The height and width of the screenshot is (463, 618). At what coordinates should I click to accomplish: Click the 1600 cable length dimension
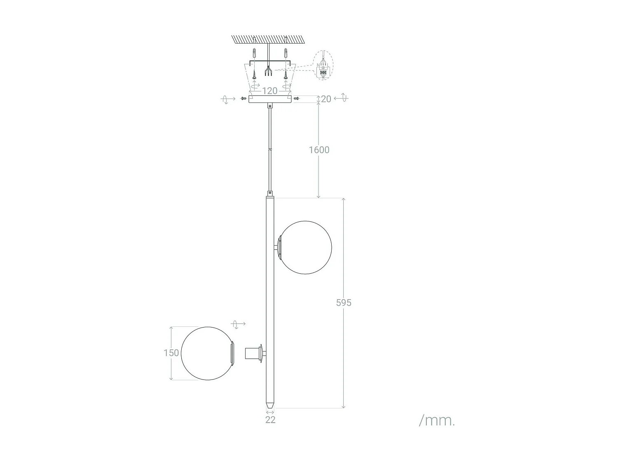[319, 150]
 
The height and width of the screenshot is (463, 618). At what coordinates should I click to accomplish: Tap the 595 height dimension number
[344, 302]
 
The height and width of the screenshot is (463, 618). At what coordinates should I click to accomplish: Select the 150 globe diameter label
[171, 353]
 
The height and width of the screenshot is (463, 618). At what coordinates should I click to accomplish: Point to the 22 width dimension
[270, 420]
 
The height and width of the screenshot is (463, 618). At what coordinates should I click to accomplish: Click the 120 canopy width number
[270, 91]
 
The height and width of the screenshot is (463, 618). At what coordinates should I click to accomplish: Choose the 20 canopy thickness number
[326, 99]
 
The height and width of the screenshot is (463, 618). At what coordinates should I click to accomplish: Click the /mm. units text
[437, 420]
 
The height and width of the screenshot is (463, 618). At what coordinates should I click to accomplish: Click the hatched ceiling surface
[268, 39]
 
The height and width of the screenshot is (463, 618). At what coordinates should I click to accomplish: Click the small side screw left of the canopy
[243, 98]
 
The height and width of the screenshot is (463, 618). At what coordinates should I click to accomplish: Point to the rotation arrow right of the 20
[342, 98]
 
